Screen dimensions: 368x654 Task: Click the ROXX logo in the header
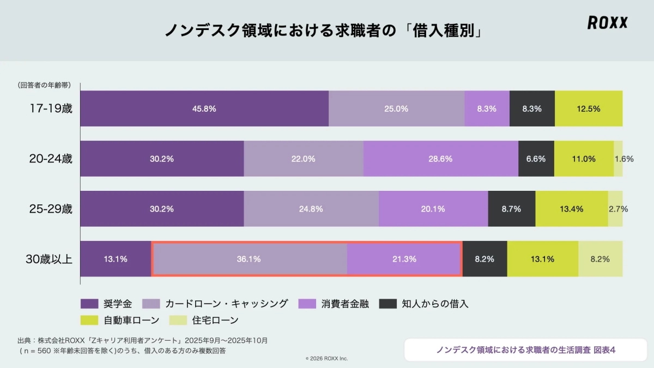(x=607, y=22)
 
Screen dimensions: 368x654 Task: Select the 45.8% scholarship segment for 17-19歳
(x=204, y=108)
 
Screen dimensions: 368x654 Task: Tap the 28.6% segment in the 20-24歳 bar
(x=440, y=159)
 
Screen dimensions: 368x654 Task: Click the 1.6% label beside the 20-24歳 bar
(x=623, y=159)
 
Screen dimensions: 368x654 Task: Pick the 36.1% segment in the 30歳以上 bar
(x=249, y=259)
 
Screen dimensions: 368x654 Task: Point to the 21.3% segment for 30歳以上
(x=404, y=259)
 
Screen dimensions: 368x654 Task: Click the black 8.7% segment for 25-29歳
(x=511, y=209)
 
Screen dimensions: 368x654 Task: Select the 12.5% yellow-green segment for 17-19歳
(x=589, y=108)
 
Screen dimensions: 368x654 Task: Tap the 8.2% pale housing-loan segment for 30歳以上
(x=600, y=259)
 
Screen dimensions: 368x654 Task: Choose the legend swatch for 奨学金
(x=89, y=304)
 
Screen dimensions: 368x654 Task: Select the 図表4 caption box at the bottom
(x=525, y=349)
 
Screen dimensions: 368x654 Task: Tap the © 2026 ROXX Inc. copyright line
(x=326, y=358)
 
